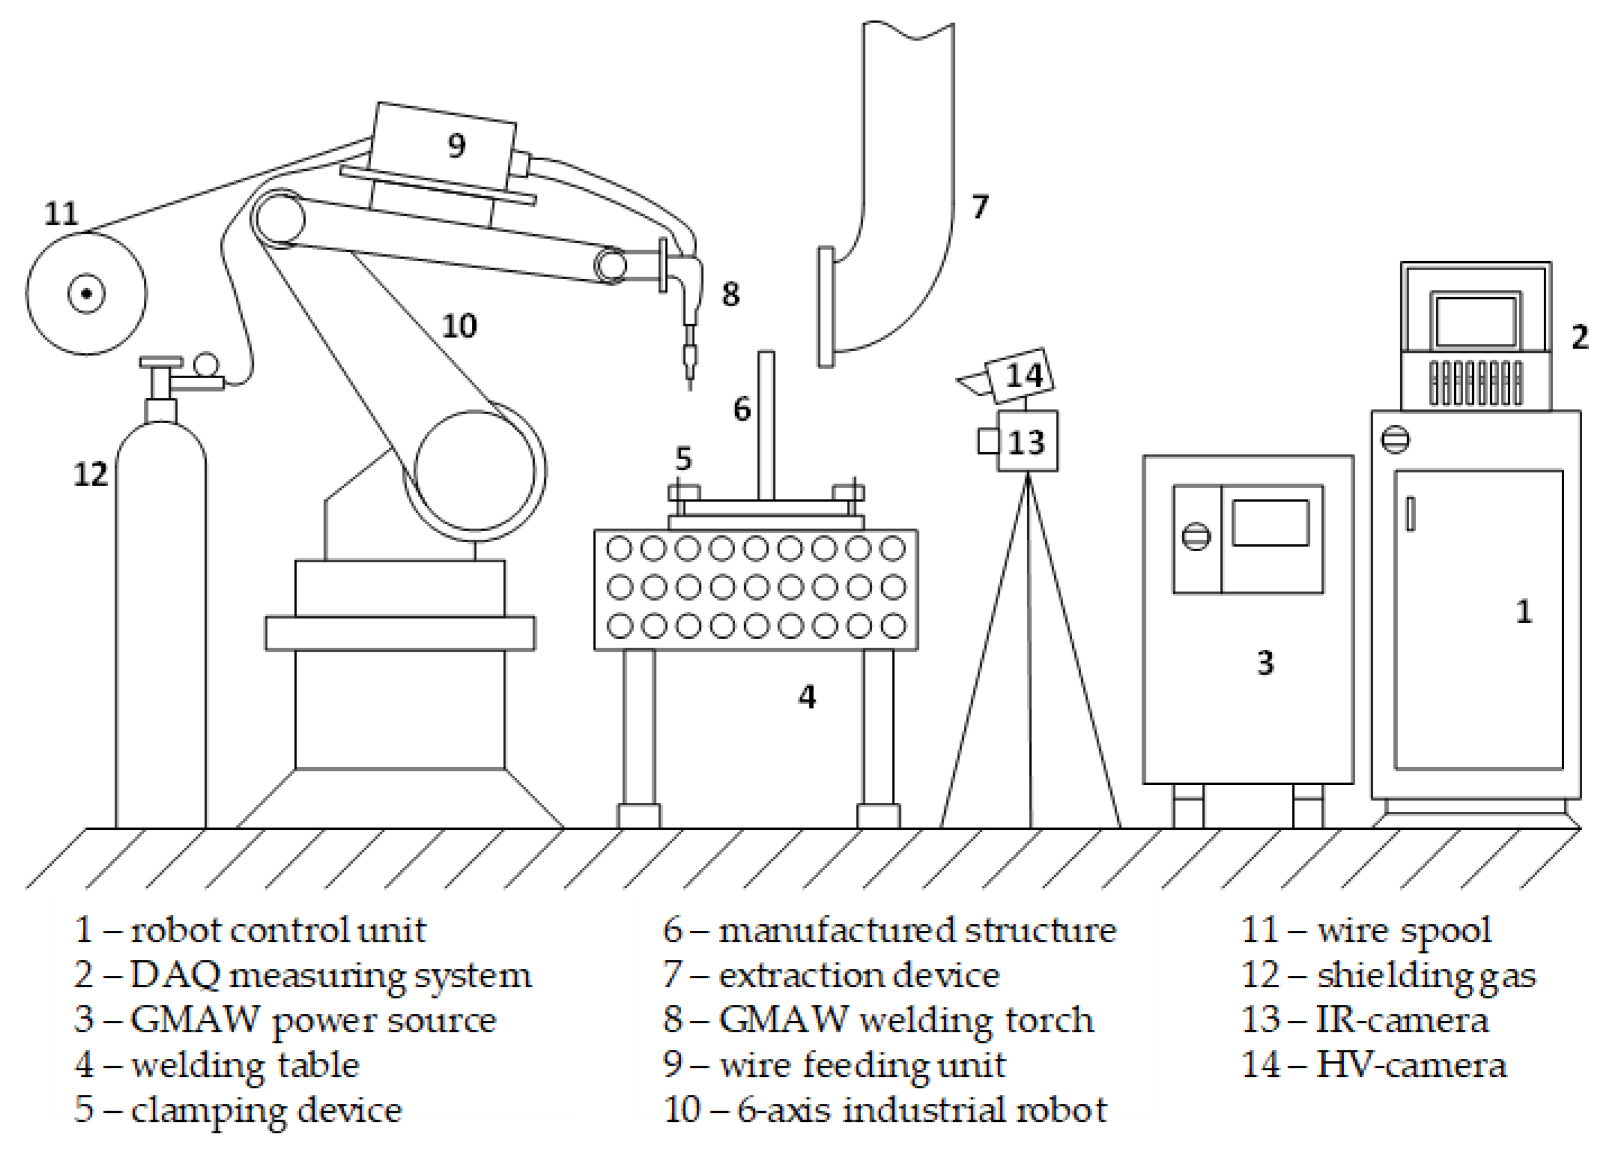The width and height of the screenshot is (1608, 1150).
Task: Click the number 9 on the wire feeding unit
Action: pyautogui.click(x=457, y=146)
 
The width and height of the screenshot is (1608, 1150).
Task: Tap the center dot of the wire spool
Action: pyautogui.click(x=86, y=293)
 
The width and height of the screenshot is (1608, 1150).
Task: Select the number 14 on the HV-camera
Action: pyautogui.click(x=1024, y=375)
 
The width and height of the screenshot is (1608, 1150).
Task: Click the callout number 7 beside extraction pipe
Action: pyautogui.click(x=980, y=207)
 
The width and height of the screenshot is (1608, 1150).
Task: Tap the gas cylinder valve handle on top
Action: pyautogui.click(x=161, y=362)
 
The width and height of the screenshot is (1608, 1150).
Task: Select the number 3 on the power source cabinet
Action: pyautogui.click(x=1265, y=663)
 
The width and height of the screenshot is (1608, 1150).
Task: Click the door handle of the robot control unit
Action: pyautogui.click(x=1410, y=513)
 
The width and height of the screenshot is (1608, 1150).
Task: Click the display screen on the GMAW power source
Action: pyautogui.click(x=1270, y=522)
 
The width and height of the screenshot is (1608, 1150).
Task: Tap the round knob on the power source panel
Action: pyautogui.click(x=1196, y=536)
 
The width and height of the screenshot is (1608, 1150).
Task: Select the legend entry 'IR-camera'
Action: pyautogui.click(x=1402, y=1020)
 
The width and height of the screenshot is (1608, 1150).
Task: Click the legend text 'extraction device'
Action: pyautogui.click(x=859, y=976)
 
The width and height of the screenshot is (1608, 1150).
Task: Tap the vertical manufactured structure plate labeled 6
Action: pyautogui.click(x=766, y=425)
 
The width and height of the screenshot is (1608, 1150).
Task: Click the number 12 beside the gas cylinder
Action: pyautogui.click(x=90, y=475)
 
